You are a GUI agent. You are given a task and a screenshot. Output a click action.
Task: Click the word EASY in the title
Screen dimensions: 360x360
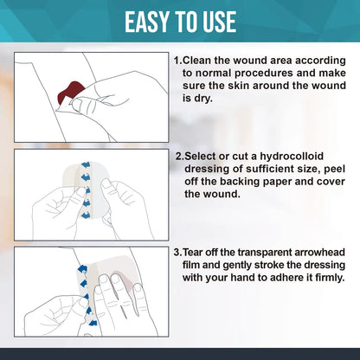coord(147,22)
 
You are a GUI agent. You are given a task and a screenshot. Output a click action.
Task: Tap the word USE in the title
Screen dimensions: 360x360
coord(220,22)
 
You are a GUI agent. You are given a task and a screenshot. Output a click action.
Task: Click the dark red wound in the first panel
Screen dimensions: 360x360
coord(70,93)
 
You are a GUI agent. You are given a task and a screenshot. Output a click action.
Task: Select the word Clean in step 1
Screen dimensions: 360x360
coord(197,61)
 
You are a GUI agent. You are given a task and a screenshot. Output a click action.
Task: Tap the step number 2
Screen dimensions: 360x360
coord(179,157)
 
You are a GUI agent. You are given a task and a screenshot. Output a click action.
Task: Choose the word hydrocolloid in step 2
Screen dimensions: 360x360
coord(292,157)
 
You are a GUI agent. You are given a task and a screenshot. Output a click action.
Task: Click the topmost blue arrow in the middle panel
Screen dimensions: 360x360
coord(86,165)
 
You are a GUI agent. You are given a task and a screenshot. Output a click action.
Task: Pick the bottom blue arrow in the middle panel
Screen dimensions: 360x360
coord(86,215)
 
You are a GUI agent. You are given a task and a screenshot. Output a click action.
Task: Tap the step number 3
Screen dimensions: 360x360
coord(177,253)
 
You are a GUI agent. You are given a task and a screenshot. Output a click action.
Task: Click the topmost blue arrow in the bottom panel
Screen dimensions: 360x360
coord(82,269)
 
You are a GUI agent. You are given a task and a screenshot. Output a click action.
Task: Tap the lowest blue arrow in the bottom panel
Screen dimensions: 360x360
coord(93,322)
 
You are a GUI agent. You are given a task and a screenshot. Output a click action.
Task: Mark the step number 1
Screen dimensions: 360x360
coord(177,61)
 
